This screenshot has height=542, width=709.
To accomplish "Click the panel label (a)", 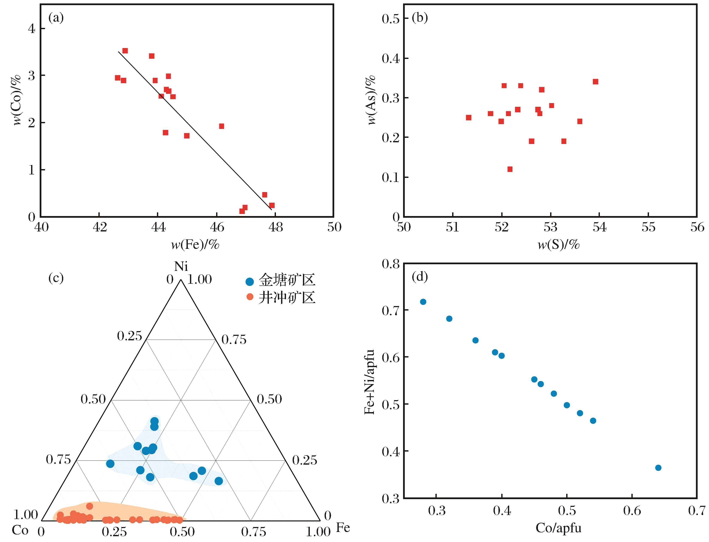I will pos(56,18).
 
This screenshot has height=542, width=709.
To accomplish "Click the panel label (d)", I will pos(420,277).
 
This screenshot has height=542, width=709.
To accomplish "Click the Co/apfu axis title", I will pos(558,528).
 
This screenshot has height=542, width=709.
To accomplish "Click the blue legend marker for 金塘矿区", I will pos(250,281).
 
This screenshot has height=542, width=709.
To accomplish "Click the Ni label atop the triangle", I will pos(181,266).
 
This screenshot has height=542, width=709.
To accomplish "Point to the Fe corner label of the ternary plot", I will pos(343,528).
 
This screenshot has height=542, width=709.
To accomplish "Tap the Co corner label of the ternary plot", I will pos(20,530).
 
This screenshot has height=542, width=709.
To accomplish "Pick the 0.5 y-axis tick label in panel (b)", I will pos(390,19).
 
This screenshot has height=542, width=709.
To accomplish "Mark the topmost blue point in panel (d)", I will pos(423,302).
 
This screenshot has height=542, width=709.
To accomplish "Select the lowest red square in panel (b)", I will pos(510,169).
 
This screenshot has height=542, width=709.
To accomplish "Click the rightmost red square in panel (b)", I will pos(595,82).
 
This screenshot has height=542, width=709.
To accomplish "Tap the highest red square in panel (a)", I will pos(125,51).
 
